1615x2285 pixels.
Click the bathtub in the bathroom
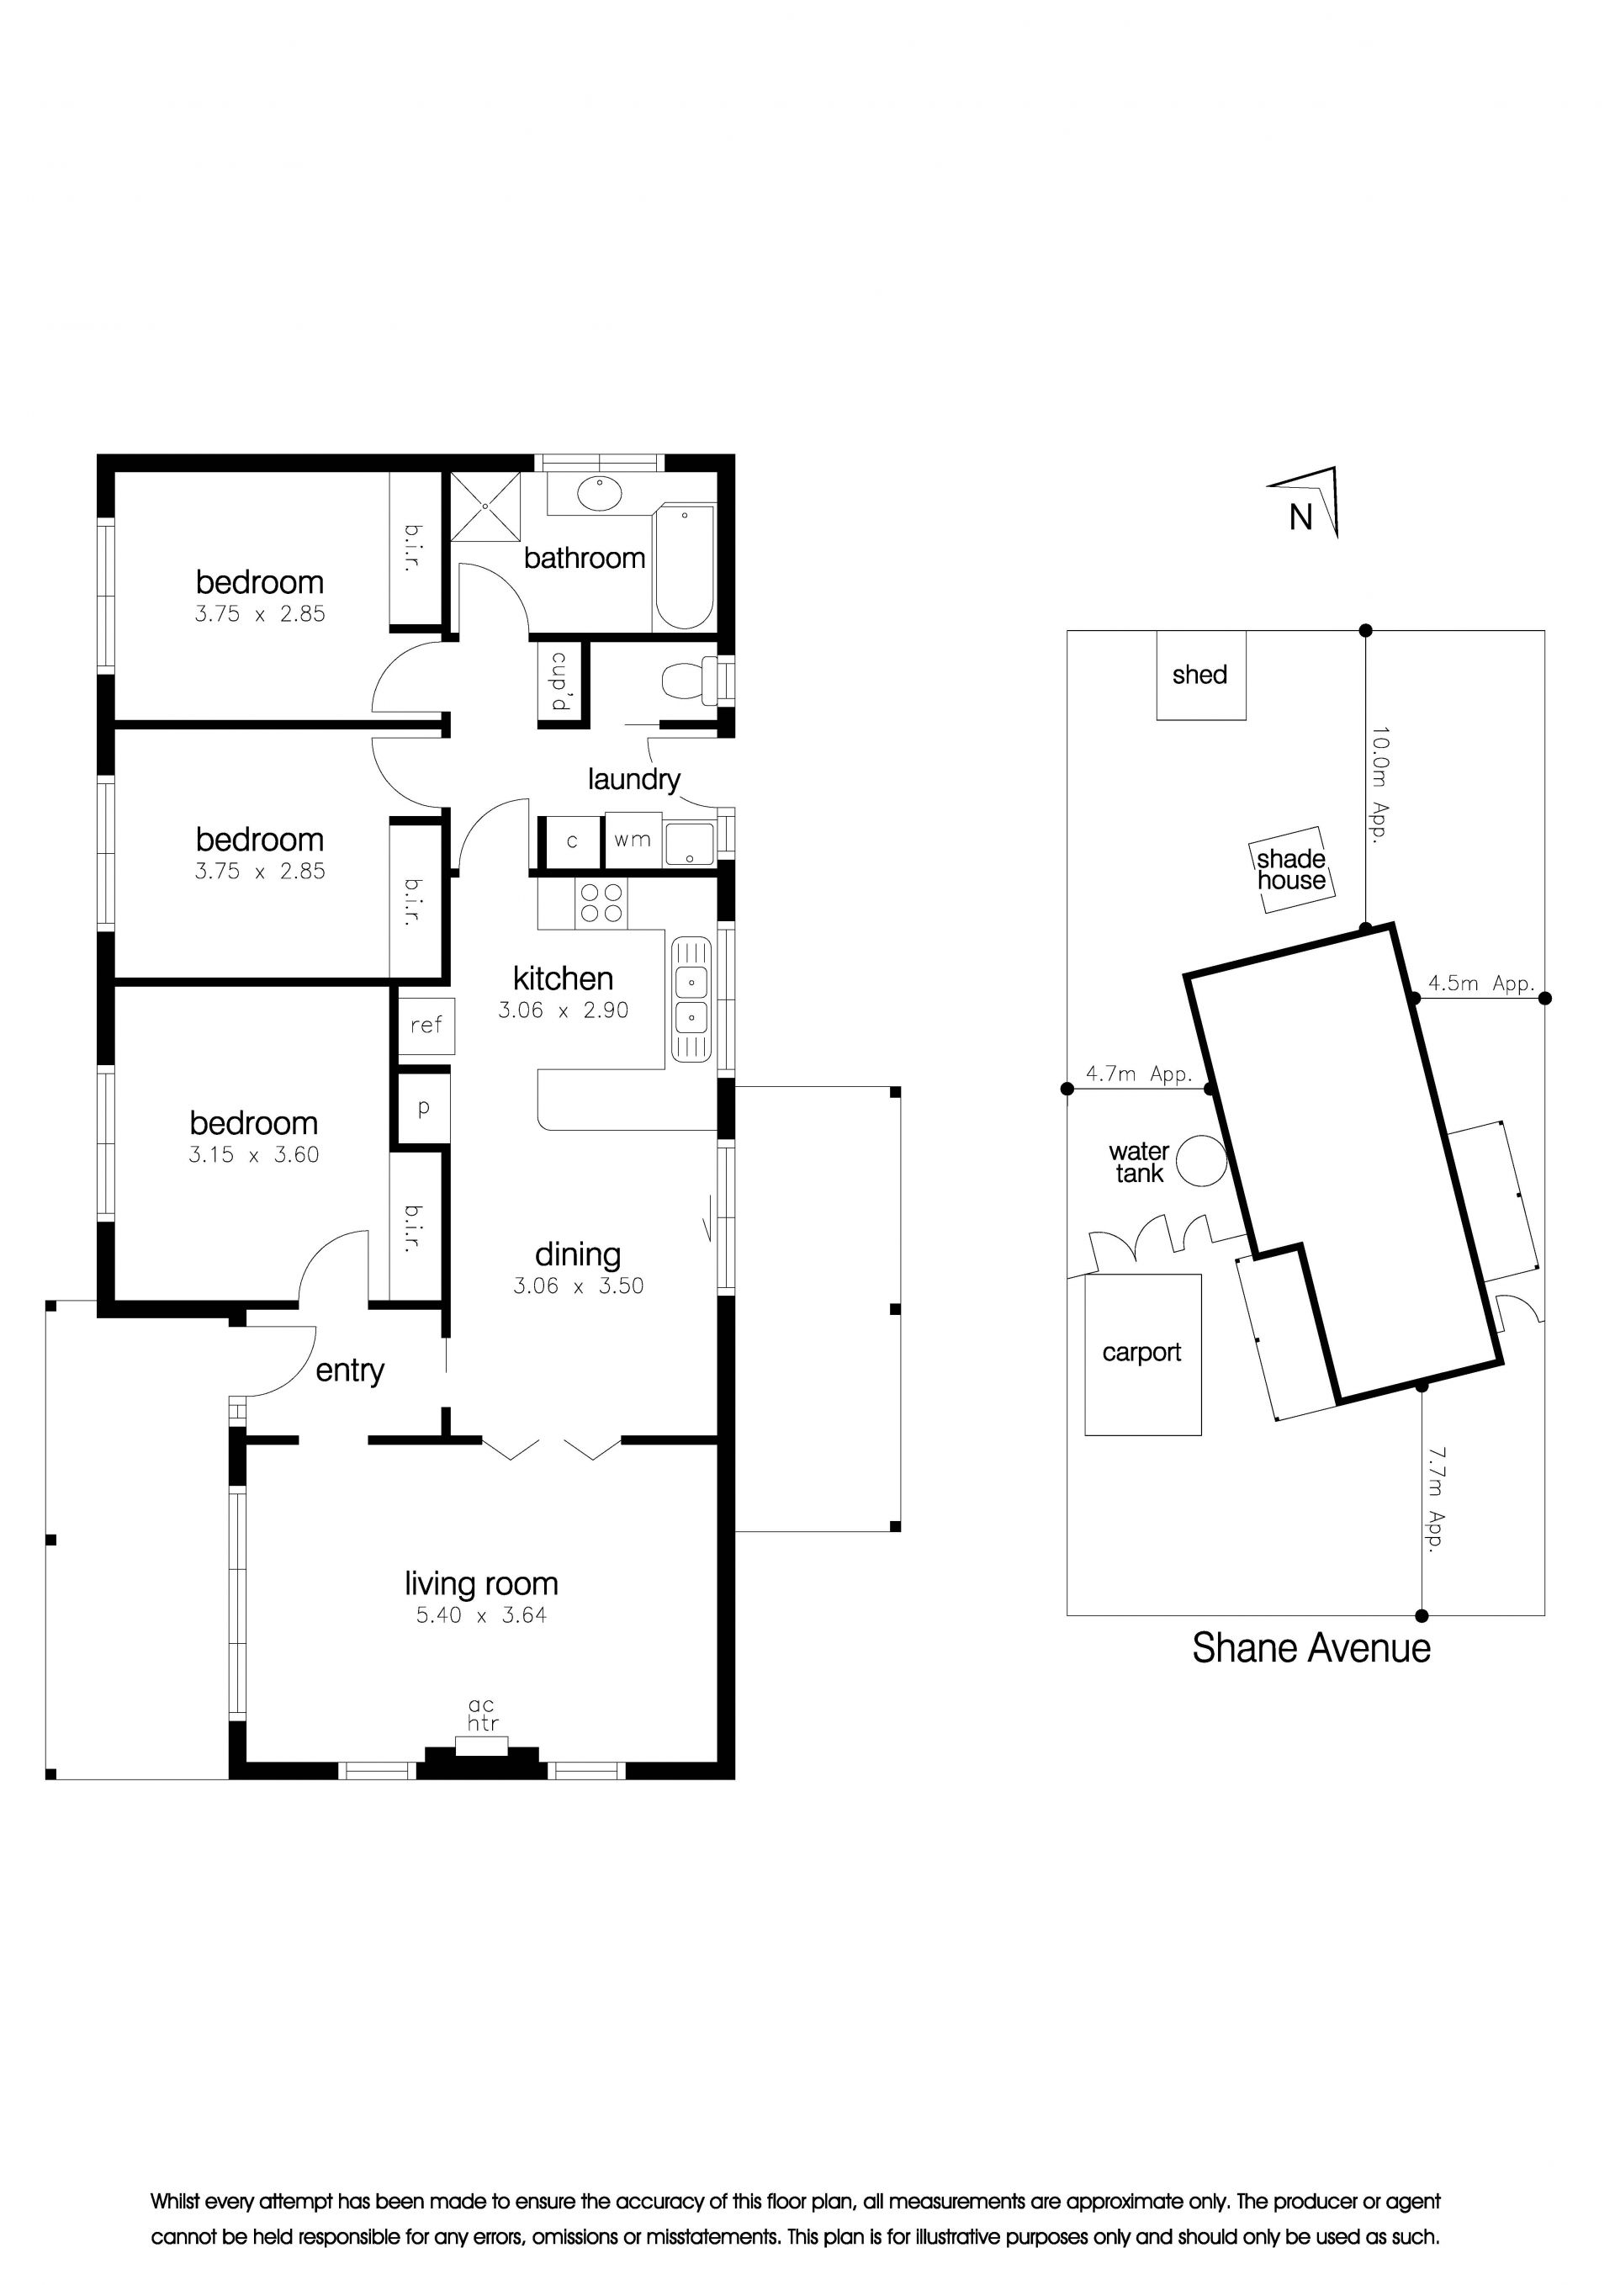pyautogui.click(x=684, y=567)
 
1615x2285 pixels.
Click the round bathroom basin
pyautogui.click(x=601, y=494)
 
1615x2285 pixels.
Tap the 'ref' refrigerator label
pyautogui.click(x=426, y=1025)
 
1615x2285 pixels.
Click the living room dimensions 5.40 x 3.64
pyautogui.click(x=482, y=1615)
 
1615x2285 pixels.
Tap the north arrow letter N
pyautogui.click(x=1300, y=517)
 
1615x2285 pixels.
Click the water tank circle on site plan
pyautogui.click(x=1201, y=1160)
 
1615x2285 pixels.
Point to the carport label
pyautogui.click(x=1141, y=1353)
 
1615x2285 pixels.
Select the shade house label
pyautogui.click(x=1292, y=870)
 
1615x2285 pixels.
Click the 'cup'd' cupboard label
pyautogui.click(x=559, y=681)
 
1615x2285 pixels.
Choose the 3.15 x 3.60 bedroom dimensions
pyautogui.click(x=254, y=1154)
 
